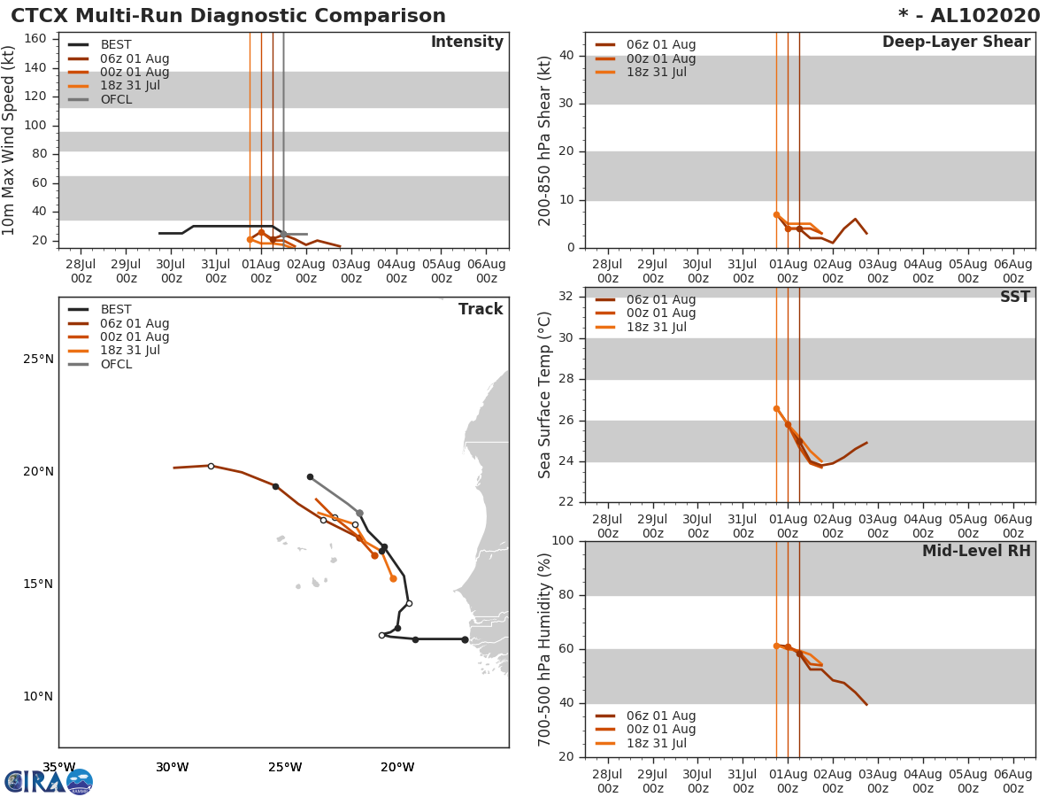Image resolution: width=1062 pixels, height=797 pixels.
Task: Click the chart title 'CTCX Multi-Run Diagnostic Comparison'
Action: pyautogui.click(x=228, y=16)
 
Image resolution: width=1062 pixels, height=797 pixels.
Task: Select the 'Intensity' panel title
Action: pyautogui.click(x=466, y=43)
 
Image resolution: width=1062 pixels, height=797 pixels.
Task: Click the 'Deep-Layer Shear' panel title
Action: pyautogui.click(x=956, y=43)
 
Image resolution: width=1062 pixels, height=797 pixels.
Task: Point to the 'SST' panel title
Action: pyautogui.click(x=1014, y=298)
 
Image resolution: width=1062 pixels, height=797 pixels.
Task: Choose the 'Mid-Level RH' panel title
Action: pyautogui.click(x=975, y=551)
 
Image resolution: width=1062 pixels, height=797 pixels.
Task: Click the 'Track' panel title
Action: pyautogui.click(x=480, y=309)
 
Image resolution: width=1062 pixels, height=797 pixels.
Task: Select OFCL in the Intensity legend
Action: pyautogui.click(x=116, y=99)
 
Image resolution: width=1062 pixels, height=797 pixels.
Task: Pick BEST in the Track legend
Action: pyautogui.click(x=116, y=310)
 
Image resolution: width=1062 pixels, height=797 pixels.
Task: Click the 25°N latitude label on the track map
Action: pyautogui.click(x=38, y=359)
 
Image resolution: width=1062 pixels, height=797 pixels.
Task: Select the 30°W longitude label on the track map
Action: pyautogui.click(x=172, y=767)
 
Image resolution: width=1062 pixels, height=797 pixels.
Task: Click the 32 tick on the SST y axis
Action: pyautogui.click(x=564, y=297)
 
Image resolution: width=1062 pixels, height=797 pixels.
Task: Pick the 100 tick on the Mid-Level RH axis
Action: pyautogui.click(x=560, y=541)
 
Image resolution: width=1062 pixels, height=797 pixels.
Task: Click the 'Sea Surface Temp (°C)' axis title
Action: pyautogui.click(x=546, y=395)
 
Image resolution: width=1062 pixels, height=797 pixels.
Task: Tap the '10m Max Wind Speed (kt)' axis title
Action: pyautogui.click(x=10, y=140)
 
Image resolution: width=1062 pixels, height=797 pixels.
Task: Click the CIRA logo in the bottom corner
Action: pyautogui.click(x=48, y=781)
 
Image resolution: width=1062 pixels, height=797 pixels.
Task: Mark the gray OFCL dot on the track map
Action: pyautogui.click(x=359, y=513)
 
